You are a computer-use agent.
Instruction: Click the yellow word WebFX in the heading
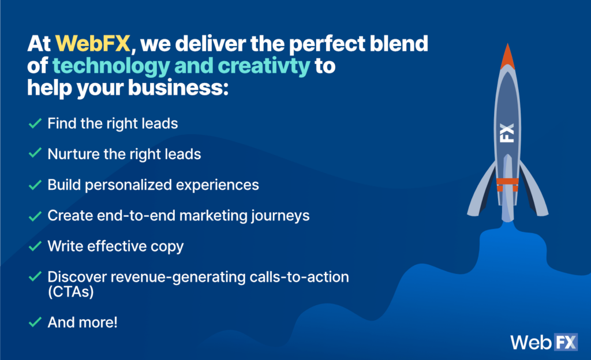(x=93, y=43)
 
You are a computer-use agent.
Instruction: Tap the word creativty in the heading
(x=264, y=66)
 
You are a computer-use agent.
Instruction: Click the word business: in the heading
(x=178, y=88)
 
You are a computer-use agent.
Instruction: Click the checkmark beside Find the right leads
(x=35, y=123)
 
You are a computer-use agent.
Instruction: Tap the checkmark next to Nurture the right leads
(x=35, y=153)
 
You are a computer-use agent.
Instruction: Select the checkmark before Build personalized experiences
(x=35, y=185)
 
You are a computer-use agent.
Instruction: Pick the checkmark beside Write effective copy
(x=35, y=246)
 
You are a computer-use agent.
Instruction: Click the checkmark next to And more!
(x=35, y=322)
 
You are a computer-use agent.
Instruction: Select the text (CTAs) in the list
(x=71, y=292)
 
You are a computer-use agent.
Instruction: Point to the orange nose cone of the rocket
(x=508, y=57)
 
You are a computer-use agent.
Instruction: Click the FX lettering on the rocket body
(x=507, y=133)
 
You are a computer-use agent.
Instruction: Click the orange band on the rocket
(x=507, y=182)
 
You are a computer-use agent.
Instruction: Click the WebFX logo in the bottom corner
(x=544, y=342)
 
